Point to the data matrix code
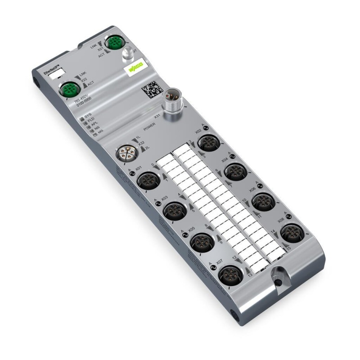151,89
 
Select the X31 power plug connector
172,101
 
